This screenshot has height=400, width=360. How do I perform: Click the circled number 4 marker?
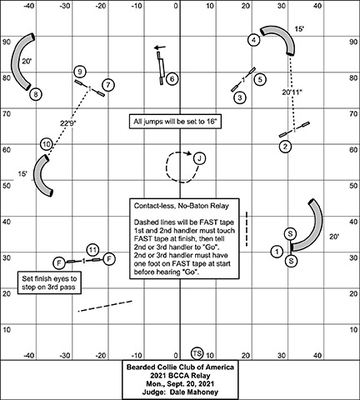253,40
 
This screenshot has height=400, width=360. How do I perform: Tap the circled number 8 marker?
36,94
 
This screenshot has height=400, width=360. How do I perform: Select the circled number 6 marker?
172,79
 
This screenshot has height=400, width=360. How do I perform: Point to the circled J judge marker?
199,158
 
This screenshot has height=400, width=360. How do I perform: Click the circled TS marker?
197,353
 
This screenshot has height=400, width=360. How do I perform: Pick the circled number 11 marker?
92,250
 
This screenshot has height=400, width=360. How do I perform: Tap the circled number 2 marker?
285,146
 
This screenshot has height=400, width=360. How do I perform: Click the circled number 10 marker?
47,144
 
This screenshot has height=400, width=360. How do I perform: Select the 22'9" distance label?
68,122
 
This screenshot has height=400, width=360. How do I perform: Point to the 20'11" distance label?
292,92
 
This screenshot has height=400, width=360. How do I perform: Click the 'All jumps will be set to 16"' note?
175,122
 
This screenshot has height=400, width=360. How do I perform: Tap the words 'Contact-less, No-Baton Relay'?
182,206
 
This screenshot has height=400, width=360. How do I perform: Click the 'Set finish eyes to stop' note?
49,282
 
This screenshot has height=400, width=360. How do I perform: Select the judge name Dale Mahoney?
194,392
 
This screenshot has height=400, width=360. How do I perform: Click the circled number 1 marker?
277,252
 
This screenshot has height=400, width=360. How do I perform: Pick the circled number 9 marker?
80,72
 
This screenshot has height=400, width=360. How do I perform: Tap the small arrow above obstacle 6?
160,47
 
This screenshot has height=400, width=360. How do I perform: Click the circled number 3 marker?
240,97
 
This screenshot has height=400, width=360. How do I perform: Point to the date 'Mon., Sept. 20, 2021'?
180,383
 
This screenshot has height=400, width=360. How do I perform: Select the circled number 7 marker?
108,85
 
